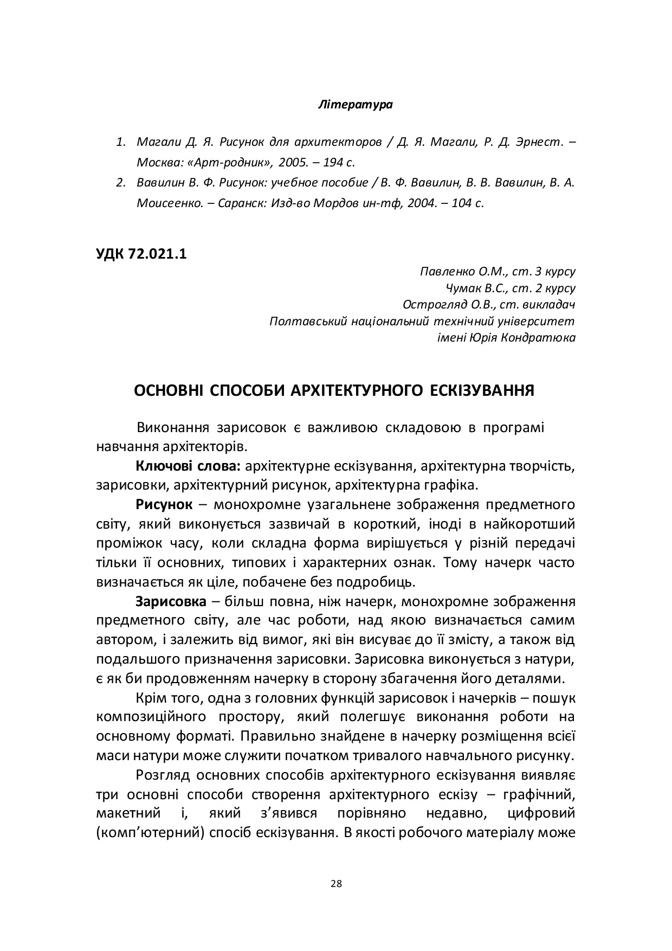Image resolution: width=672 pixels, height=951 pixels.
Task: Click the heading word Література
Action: [355, 105]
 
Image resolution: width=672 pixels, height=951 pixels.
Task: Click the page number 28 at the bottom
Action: [336, 884]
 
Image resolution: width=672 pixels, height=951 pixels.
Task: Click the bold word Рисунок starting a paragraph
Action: [164, 504]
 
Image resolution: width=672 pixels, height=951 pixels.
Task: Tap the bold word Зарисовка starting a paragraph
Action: [171, 601]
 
